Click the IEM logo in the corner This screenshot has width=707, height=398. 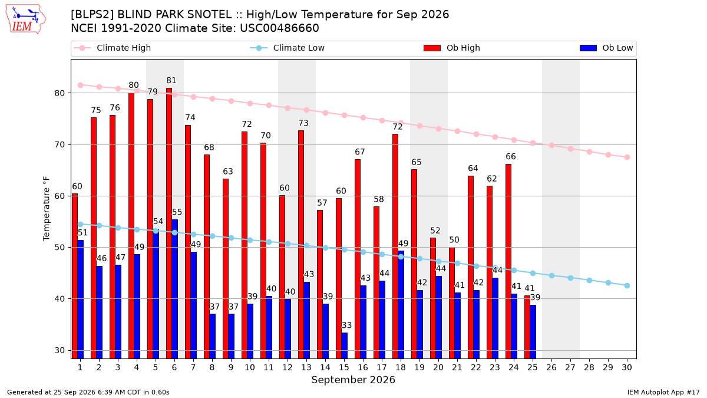tap(26, 19)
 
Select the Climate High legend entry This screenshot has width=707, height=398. tap(112, 48)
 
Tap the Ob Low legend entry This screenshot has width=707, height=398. tap(606, 48)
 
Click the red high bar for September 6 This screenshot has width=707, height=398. tap(169, 223)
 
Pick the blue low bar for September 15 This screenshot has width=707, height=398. tap(344, 346)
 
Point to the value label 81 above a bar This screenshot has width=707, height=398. tap(171, 81)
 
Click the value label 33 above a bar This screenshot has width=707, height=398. tap(346, 325)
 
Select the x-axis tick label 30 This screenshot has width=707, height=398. tap(627, 367)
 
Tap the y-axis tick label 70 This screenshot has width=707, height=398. tap(60, 144)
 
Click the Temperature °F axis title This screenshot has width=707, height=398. tap(47, 209)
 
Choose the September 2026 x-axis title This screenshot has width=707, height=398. tap(353, 380)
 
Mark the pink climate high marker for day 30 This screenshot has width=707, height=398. tap(627, 157)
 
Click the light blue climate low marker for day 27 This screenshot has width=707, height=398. tap(570, 278)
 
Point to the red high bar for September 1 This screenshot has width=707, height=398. tap(75, 276)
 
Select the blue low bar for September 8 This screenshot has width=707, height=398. tap(213, 336)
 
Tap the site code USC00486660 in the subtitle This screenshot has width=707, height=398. tap(279, 28)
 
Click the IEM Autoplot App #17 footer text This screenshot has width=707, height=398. tap(663, 392)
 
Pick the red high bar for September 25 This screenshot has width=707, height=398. tap(527, 327)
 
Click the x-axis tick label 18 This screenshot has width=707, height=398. tap(401, 367)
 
